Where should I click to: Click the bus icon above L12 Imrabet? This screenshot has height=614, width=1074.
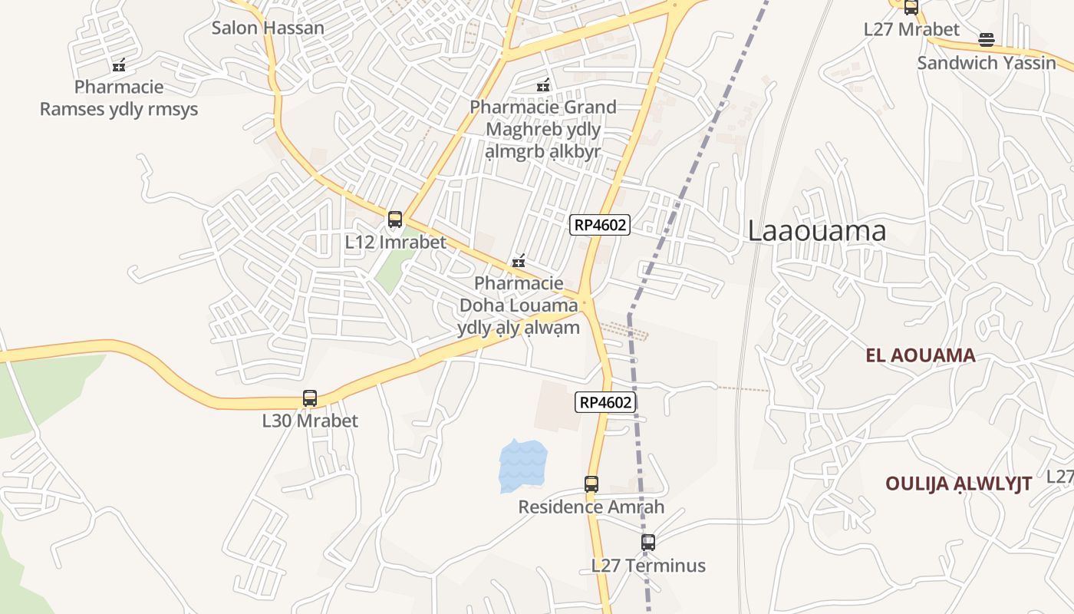pyautogui.click(x=395, y=220)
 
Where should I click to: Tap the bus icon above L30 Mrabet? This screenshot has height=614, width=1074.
pyautogui.click(x=310, y=398)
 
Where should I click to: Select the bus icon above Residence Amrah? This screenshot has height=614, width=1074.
pyautogui.click(x=591, y=484)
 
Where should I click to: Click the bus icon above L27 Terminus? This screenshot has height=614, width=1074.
pyautogui.click(x=648, y=543)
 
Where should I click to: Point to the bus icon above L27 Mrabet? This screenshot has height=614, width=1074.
pyautogui.click(x=911, y=7)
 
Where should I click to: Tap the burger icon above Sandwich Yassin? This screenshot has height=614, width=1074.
pyautogui.click(x=987, y=40)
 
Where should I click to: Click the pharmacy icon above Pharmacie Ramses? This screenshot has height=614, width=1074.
pyautogui.click(x=119, y=65)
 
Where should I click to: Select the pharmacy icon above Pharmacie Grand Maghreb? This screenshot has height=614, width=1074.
pyautogui.click(x=543, y=85)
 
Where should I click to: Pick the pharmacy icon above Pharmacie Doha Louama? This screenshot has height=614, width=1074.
pyautogui.click(x=519, y=262)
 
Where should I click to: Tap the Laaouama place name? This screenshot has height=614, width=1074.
pyautogui.click(x=817, y=231)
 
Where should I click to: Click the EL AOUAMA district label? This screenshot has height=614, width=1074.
pyautogui.click(x=921, y=355)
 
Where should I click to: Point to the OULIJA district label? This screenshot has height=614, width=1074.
pyautogui.click(x=958, y=484)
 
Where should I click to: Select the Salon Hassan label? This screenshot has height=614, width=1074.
pyautogui.click(x=268, y=28)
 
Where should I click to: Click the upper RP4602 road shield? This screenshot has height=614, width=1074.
pyautogui.click(x=600, y=225)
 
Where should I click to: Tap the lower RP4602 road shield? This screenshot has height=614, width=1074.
pyautogui.click(x=606, y=402)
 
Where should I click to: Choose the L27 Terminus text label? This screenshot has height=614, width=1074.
pyautogui.click(x=648, y=566)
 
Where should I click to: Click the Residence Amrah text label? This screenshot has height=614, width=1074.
pyautogui.click(x=591, y=507)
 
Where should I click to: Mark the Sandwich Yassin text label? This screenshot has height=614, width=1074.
pyautogui.click(x=987, y=63)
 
